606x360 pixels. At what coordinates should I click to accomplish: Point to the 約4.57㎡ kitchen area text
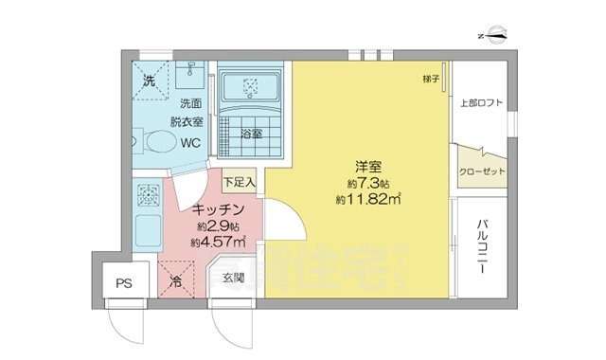tap(219, 243)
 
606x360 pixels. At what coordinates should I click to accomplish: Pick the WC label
tap(191, 144)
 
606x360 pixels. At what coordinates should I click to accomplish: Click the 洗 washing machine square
tap(150, 81)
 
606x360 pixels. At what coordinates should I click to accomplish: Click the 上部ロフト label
tap(480, 103)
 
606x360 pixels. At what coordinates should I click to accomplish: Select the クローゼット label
tap(481, 171)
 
